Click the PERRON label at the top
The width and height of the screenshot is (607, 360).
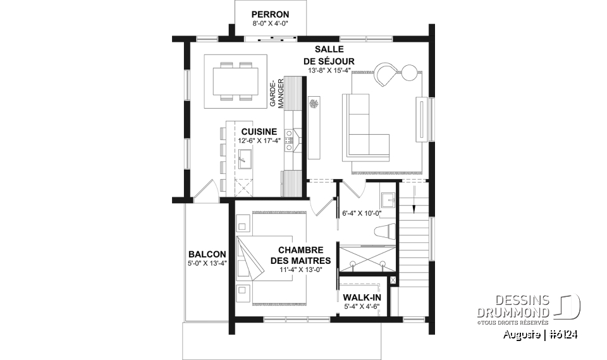pyautogui.click(x=270, y=14)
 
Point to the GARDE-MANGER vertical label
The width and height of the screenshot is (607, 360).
pyautogui.click(x=277, y=95)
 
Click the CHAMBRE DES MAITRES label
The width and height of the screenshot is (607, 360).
pyautogui.click(x=300, y=255)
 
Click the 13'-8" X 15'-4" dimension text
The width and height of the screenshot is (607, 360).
pyautogui.click(x=331, y=71)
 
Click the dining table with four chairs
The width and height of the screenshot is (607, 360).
pyautogui.click(x=236, y=81)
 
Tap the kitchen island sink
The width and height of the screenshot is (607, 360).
pyautogui.click(x=245, y=158)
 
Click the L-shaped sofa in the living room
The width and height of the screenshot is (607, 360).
pyautogui.click(x=365, y=127)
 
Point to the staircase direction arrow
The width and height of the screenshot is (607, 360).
pyautogui.click(x=412, y=204)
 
